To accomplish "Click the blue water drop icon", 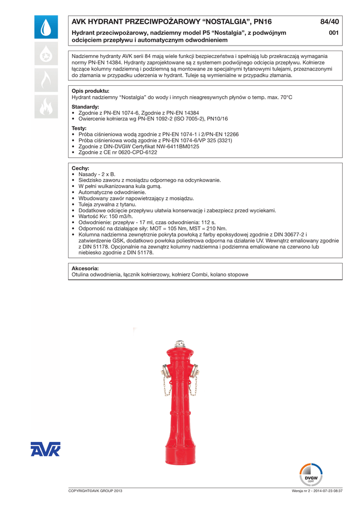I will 46,28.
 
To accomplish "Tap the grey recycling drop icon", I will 46,55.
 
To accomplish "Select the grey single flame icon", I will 46,80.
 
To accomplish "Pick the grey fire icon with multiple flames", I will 46,106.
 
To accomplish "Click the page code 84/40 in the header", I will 330,22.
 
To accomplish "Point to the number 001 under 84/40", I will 334,33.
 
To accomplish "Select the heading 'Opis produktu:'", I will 90,91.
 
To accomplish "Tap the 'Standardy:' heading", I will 85,107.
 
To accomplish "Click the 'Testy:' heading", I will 79,128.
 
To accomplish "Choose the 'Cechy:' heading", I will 80,168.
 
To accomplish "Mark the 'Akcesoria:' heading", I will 85,268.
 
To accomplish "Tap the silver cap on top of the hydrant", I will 180,344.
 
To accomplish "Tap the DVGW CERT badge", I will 311,475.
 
